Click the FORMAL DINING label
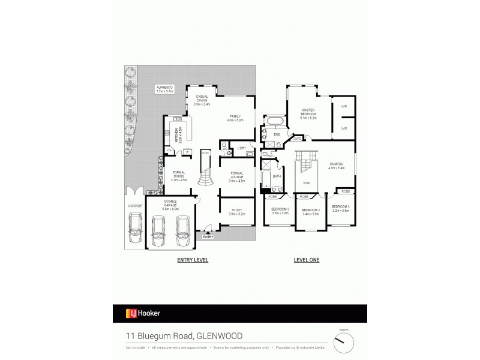click(x=179, y=176)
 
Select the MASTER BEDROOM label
click(x=308, y=112)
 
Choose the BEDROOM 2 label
click(x=310, y=212)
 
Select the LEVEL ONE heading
click(x=307, y=260)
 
